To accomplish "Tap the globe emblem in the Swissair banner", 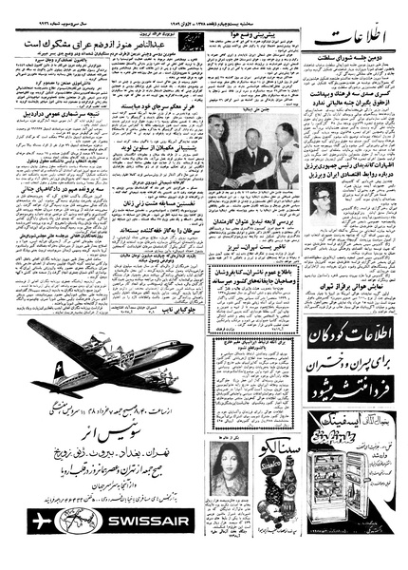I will click(72, 522).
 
